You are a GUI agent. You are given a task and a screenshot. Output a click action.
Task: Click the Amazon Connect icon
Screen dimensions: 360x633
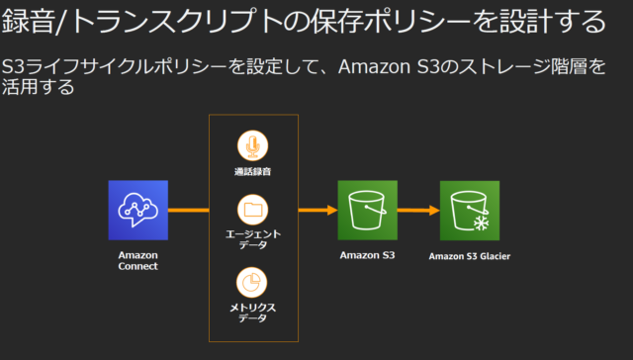pyautogui.click(x=137, y=210)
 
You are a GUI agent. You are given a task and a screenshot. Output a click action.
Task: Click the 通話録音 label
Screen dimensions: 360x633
pyautogui.click(x=252, y=173)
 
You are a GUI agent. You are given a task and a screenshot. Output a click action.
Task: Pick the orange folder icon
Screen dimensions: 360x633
pyautogui.click(x=252, y=210)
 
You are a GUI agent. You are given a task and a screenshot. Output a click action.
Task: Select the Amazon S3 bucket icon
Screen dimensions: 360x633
pyautogui.click(x=367, y=210)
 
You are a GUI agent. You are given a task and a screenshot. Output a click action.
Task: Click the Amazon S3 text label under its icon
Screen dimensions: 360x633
pyautogui.click(x=367, y=256)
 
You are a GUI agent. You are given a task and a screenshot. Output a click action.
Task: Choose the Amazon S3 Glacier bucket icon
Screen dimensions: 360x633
pyautogui.click(x=470, y=210)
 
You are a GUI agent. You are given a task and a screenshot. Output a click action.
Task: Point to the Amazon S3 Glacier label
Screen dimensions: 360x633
pyautogui.click(x=470, y=257)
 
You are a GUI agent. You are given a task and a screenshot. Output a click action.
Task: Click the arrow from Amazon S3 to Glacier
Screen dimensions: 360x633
pyautogui.click(x=418, y=210)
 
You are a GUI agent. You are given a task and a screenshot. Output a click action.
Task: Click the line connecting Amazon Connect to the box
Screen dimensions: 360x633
pyautogui.click(x=188, y=210)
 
